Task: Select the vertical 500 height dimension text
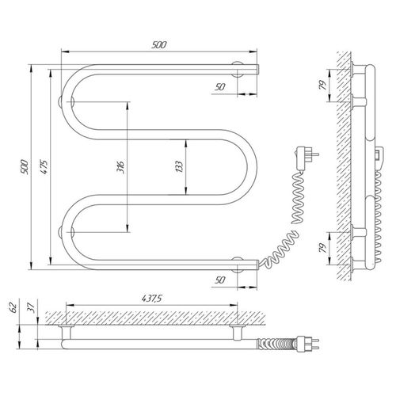pos(25,166)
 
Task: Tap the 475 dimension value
pos(46,167)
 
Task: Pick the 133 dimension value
pos(180,166)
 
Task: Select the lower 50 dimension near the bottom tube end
pos(220,278)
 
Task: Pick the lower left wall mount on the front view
pos(63,231)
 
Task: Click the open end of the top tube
pos(256,68)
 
